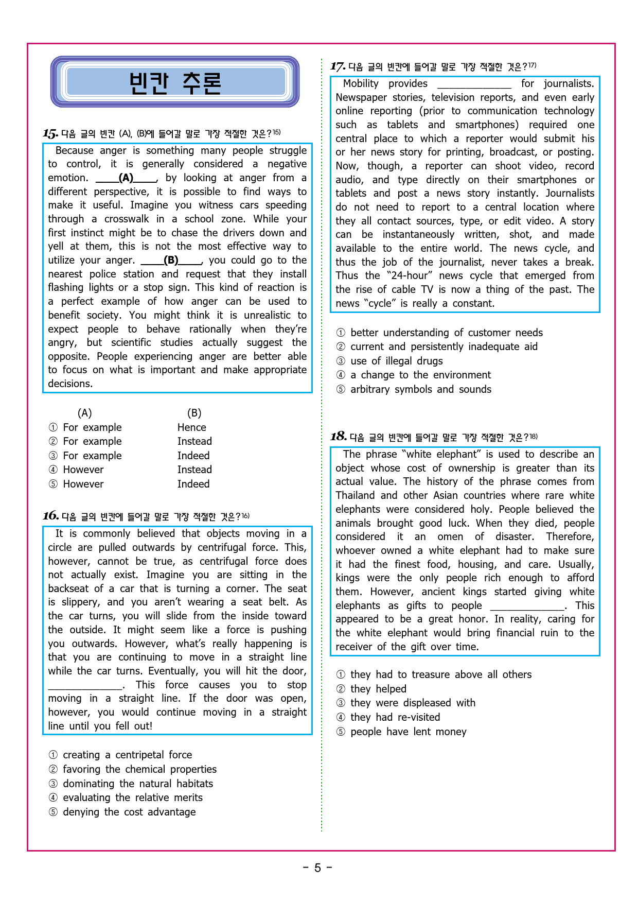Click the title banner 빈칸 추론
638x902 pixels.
pyautogui.click(x=175, y=82)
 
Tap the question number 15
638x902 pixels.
pyautogui.click(x=50, y=134)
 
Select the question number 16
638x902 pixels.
pyautogui.click(x=50, y=516)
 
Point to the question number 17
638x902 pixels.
pyautogui.click(x=338, y=66)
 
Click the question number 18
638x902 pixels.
pyautogui.click(x=338, y=437)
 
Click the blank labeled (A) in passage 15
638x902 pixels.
pyautogui.click(x=126, y=178)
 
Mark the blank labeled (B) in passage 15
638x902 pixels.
pyautogui.click(x=171, y=261)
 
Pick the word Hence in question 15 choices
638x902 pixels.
pyautogui.click(x=191, y=427)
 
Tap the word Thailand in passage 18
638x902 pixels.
pyautogui.click(x=355, y=495)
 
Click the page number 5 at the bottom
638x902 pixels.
pyautogui.click(x=317, y=868)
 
